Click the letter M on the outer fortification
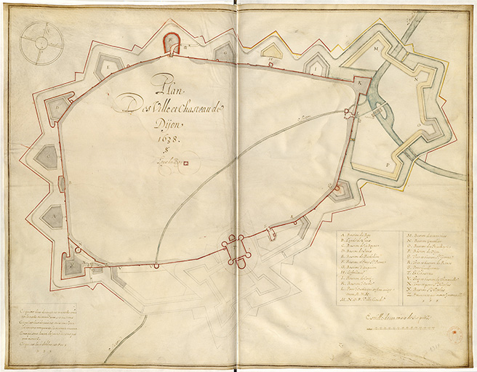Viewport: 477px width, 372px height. point(377,49)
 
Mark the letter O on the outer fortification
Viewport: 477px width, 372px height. point(416,124)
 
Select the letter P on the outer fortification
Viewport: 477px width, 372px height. point(388,166)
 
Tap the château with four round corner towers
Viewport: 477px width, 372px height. point(236,251)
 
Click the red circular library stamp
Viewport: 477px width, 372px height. point(455,334)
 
